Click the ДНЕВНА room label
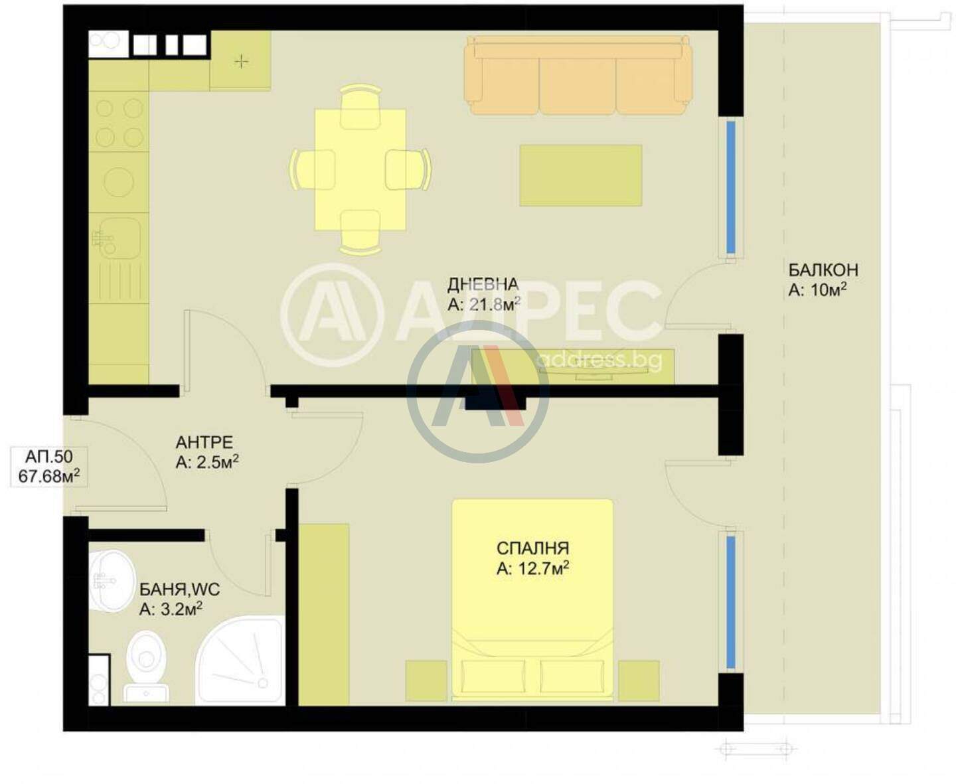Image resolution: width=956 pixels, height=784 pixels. [482, 285]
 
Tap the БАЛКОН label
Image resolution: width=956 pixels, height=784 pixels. [823, 270]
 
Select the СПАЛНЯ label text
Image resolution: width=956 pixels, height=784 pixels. [532, 548]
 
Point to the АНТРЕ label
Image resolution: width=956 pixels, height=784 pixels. [204, 442]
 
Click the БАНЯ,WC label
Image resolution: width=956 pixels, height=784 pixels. [179, 589]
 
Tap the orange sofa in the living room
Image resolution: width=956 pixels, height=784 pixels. [578, 75]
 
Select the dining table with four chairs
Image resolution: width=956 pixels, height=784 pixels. [360, 170]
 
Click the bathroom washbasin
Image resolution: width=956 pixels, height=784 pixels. [112, 582]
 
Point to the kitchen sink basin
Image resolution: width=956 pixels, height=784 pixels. [119, 238]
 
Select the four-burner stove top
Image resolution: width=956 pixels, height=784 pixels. [119, 121]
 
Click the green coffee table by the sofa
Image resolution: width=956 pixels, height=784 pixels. [581, 175]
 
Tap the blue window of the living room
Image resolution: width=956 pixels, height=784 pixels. [730, 187]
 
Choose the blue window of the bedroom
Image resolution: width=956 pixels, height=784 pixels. [730, 602]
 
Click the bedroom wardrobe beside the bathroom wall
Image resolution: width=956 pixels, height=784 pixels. [324, 615]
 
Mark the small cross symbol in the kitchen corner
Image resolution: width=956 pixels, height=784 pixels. [242, 60]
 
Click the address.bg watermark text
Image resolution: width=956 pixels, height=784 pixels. [599, 360]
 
